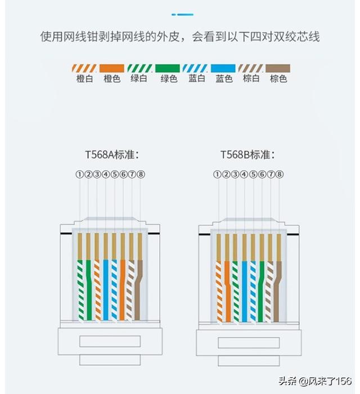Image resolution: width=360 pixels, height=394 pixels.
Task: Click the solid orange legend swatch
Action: click(x=112, y=68)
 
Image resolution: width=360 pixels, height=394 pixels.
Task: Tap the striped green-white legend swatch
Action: click(x=139, y=68)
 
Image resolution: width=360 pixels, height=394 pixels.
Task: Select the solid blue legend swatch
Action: click(x=223, y=68)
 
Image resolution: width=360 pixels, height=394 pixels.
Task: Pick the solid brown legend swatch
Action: click(x=278, y=68)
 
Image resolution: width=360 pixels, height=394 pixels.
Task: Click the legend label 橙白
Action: click(x=84, y=79)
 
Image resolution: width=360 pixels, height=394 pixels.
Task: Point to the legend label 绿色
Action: click(x=169, y=79)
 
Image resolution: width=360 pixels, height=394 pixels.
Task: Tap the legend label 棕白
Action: click(x=251, y=79)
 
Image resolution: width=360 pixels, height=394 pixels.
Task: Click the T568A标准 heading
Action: click(x=112, y=155)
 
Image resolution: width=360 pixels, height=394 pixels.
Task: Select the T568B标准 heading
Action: click(x=247, y=155)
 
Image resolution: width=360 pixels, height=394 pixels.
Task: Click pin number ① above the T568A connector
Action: click(x=79, y=174)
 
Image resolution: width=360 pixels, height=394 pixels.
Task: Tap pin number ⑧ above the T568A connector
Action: click(x=141, y=174)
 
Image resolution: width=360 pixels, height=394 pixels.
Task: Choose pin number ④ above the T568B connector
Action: click(x=244, y=174)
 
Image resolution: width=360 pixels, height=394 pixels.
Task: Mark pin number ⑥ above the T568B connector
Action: click(x=262, y=174)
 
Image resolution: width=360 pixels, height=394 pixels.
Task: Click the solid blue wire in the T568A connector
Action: click(x=106, y=290)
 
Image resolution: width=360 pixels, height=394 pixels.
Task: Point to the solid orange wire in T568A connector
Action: click(x=123, y=290)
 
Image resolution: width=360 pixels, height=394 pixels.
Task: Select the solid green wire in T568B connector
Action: click(x=261, y=292)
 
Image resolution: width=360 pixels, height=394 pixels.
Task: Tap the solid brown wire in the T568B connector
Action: click(x=277, y=292)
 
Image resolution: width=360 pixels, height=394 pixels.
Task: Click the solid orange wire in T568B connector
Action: click(x=227, y=292)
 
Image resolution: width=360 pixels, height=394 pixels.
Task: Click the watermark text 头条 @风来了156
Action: click(x=316, y=381)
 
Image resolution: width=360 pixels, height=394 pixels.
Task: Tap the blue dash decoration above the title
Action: click(x=182, y=15)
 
